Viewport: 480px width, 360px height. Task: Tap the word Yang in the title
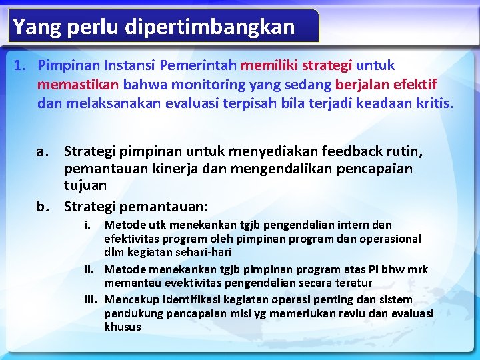click(33, 27)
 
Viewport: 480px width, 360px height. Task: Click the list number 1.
click(20, 65)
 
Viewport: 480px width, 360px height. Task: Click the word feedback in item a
click(361, 151)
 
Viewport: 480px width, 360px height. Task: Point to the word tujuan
click(85, 185)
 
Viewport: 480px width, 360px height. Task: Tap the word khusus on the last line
click(123, 327)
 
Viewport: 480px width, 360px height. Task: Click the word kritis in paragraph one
click(433, 104)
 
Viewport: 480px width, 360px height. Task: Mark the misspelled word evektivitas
click(177, 283)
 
